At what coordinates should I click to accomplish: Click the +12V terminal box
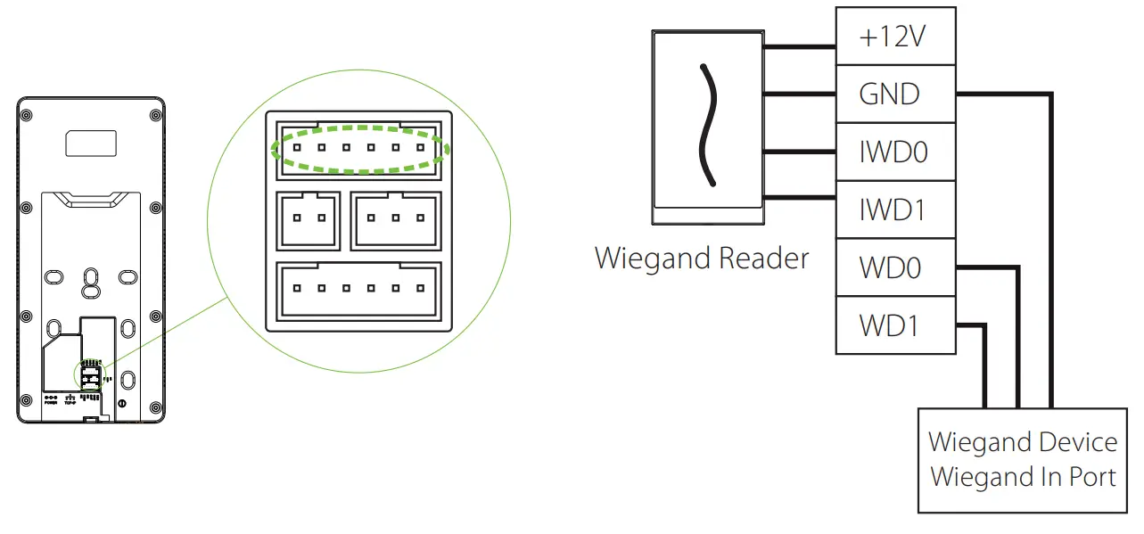click(x=895, y=37)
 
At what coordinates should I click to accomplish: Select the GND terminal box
click(x=895, y=94)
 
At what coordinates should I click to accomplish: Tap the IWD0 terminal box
click(x=895, y=152)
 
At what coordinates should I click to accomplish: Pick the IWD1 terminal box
click(x=895, y=209)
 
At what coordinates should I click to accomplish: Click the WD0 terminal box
click(x=895, y=267)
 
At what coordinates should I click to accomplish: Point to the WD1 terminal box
click(x=895, y=325)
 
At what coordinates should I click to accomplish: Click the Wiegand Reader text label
click(x=701, y=259)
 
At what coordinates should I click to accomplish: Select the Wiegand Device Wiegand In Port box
click(x=1022, y=460)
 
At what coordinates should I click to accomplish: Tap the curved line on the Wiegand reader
click(x=706, y=125)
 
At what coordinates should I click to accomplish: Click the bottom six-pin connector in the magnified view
click(x=358, y=289)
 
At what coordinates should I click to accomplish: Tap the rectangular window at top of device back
click(x=89, y=142)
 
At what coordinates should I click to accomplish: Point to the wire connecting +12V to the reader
click(x=797, y=46)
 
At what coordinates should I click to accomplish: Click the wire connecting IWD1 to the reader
click(x=797, y=198)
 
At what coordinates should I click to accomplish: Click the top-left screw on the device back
click(x=26, y=115)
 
